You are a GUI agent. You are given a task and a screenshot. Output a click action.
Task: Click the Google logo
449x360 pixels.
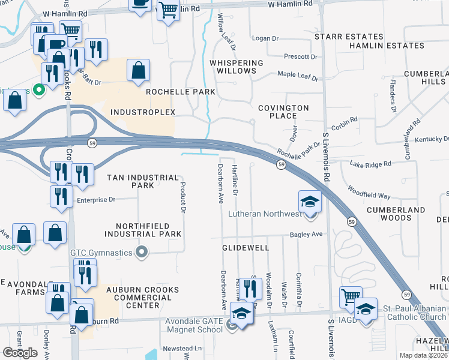click(20, 352)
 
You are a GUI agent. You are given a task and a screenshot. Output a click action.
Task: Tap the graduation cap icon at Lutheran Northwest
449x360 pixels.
click(310, 201)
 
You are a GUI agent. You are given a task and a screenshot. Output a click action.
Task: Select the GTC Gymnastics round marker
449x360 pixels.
click(142, 253)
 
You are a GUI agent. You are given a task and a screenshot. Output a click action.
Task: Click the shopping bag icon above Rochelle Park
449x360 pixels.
click(139, 70)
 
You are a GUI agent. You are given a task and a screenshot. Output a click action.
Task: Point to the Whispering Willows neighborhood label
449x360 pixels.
click(237, 67)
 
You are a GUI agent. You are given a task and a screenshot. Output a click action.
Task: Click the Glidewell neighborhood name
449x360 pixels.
click(244, 247)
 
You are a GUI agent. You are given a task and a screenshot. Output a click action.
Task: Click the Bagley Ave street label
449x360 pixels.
click(307, 235)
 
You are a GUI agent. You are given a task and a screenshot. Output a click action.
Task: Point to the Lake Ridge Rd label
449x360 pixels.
click(370, 163)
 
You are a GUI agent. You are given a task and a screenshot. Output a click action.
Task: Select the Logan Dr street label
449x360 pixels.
click(265, 38)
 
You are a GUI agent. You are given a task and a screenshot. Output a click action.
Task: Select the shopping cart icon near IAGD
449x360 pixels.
click(351, 296)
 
